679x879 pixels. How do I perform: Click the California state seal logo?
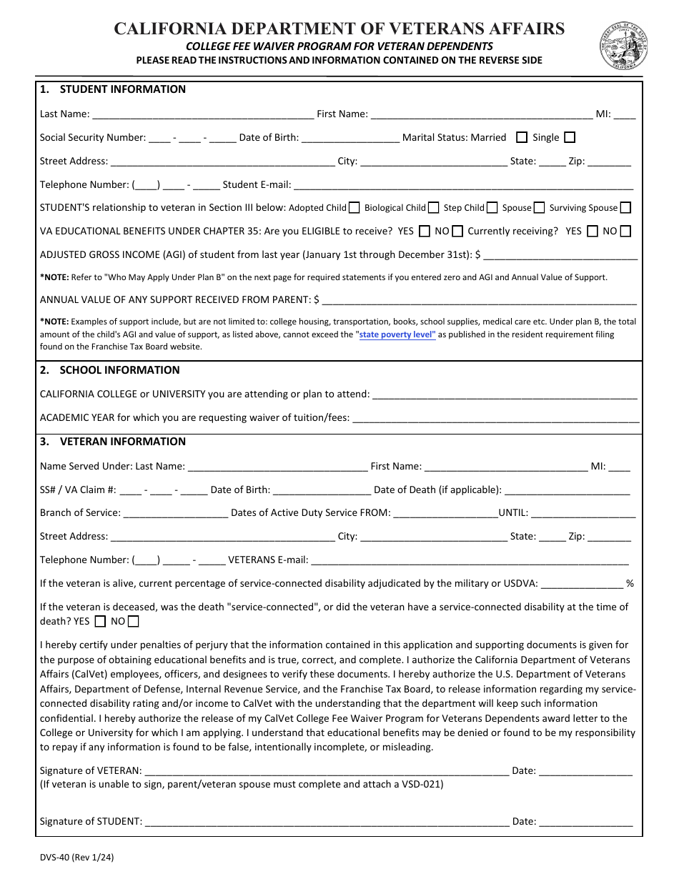point(623,44)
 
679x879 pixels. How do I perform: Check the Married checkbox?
point(522,137)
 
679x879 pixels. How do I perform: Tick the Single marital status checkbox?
point(570,137)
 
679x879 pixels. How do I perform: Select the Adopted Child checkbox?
point(354,208)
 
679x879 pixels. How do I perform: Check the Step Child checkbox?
point(492,208)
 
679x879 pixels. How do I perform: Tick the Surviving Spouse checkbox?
point(625,208)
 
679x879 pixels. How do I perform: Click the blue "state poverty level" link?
point(397,334)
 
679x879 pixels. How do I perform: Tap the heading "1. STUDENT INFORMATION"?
point(113,90)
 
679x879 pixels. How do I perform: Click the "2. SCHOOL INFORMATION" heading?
point(110,370)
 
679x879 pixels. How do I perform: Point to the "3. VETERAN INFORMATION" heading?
point(113,442)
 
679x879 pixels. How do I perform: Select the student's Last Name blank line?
point(203,114)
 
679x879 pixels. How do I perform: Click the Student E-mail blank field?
point(463,185)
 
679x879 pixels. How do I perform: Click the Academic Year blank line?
point(496,419)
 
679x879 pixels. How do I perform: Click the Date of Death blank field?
point(568,491)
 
